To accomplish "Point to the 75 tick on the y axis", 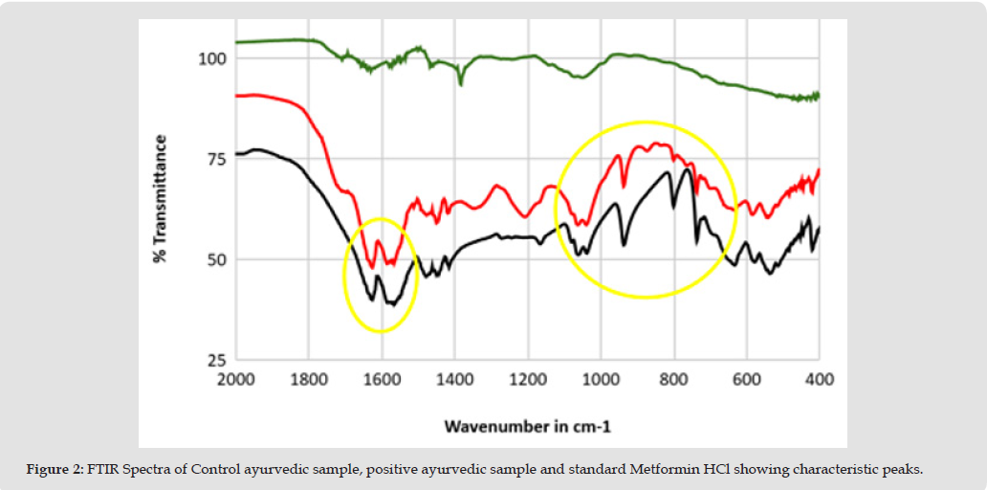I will (x=214, y=159).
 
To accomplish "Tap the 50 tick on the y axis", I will (x=214, y=259).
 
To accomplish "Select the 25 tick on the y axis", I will (x=214, y=360).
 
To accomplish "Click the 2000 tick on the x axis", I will (x=235, y=380).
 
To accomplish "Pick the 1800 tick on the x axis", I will (x=308, y=380).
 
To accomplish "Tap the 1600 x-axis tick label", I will (x=382, y=380).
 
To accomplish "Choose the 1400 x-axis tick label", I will (x=454, y=380).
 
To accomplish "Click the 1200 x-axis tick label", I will (x=528, y=380).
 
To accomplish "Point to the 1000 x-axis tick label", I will (x=601, y=380).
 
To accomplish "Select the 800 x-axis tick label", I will (x=674, y=380).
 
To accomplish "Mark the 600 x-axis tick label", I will (x=747, y=380).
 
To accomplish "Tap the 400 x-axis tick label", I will (x=820, y=380).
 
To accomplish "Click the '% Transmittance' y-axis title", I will (x=161, y=199).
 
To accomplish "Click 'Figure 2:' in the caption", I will (x=55, y=470).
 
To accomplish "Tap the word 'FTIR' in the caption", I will (x=104, y=470).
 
